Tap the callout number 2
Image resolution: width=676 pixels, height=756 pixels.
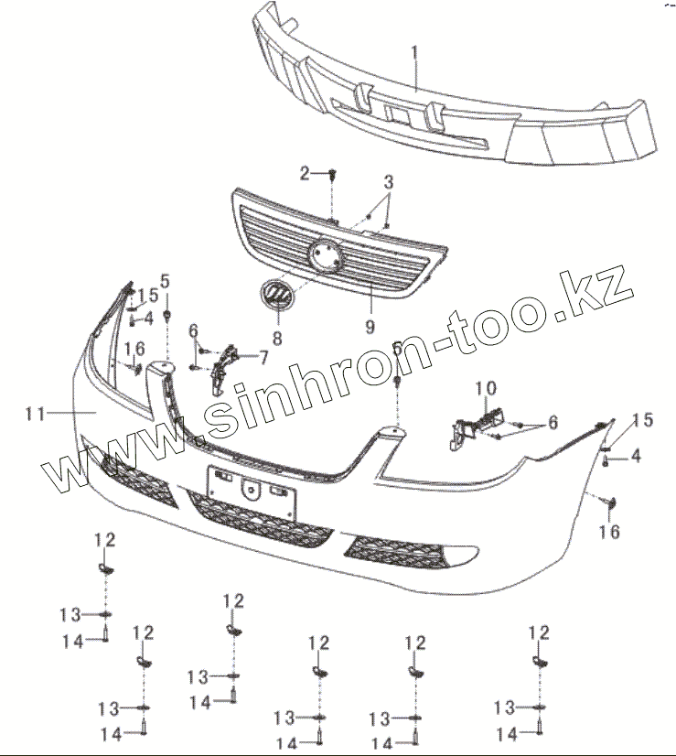[x=307, y=172]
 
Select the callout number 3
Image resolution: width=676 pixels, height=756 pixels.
[x=389, y=182]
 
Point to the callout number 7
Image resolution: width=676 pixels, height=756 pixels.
[x=263, y=356]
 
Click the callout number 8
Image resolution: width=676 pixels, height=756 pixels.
[x=276, y=336]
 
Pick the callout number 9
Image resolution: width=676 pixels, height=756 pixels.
[x=370, y=325]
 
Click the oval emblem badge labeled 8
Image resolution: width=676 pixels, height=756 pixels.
[x=274, y=295]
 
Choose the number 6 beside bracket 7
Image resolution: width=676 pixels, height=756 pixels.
[x=194, y=330]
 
